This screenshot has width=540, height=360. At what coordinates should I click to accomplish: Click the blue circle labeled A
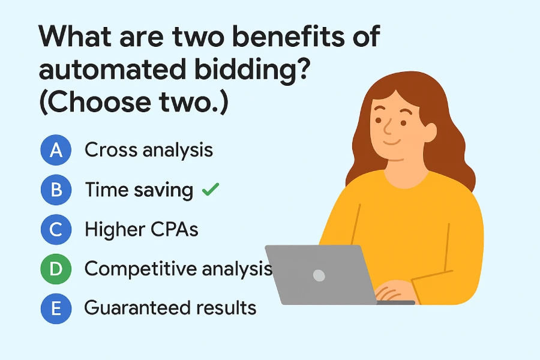56,150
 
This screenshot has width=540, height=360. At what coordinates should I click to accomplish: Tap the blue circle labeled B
56,190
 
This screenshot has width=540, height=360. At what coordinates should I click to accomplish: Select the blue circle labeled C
56,229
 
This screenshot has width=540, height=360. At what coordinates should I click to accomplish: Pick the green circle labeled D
56,269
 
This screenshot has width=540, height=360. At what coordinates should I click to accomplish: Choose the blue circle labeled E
56,308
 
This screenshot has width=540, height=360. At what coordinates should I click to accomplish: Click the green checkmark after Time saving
210,190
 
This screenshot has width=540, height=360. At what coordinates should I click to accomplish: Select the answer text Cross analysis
149,150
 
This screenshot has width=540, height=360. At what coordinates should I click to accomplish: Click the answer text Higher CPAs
142,229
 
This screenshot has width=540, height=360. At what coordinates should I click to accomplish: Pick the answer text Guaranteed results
170,308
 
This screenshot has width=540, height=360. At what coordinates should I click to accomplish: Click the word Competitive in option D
142,269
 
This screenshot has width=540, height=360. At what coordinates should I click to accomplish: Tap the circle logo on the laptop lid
319,275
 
